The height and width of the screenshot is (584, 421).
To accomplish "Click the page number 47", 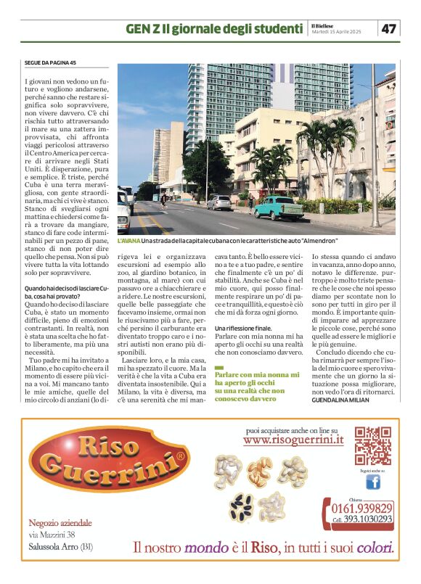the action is pyautogui.click(x=389, y=28).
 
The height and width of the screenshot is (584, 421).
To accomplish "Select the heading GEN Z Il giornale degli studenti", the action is pyautogui.click(x=213, y=29).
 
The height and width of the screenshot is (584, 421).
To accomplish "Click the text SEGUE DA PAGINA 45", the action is pyautogui.click(x=49, y=63).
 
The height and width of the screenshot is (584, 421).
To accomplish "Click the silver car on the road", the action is pyautogui.click(x=218, y=203).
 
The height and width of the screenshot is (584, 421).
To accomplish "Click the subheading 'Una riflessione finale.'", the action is pyautogui.click(x=243, y=329).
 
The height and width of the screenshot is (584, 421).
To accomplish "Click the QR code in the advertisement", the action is pyautogui.click(x=373, y=445).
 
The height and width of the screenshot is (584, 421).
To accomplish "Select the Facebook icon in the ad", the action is pyautogui.click(x=372, y=481).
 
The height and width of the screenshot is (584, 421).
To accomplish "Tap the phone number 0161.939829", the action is pyautogui.click(x=358, y=508).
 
